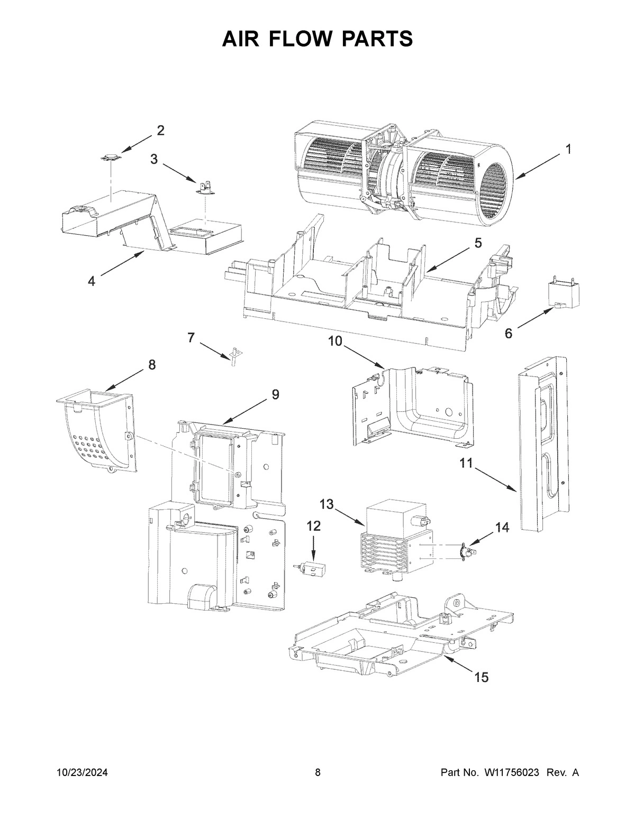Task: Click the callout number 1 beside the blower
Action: (568, 150)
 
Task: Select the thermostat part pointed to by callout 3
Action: (205, 185)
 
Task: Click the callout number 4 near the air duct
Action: (92, 281)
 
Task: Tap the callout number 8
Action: (152, 364)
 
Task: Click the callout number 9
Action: (275, 394)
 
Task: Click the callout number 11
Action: (466, 463)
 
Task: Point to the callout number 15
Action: (481, 677)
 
